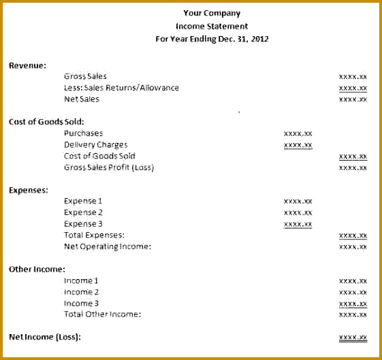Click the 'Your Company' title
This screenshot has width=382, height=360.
coord(212,13)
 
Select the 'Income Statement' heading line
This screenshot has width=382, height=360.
coord(212,26)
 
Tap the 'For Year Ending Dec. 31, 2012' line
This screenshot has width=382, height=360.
coord(212,39)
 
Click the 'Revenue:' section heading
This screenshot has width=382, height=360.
coord(27,65)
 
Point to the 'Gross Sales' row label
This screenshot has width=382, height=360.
coord(85,76)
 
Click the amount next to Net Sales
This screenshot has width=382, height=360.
coord(353,99)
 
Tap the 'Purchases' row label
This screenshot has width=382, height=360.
coord(83,133)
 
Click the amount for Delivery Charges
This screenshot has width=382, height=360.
coord(298,145)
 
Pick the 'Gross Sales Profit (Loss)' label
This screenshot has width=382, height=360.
coord(109,167)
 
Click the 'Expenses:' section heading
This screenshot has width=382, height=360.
coord(29,190)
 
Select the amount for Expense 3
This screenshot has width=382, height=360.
coord(298,224)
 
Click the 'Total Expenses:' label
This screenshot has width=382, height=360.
coord(94,235)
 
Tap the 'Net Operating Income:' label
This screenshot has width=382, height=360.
coord(108,246)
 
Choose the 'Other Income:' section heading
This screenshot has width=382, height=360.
coord(37,269)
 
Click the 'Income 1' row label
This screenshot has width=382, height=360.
coord(81,280)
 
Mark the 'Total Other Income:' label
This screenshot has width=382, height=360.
coord(102,314)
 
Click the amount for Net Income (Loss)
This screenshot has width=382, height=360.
coord(353,337)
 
